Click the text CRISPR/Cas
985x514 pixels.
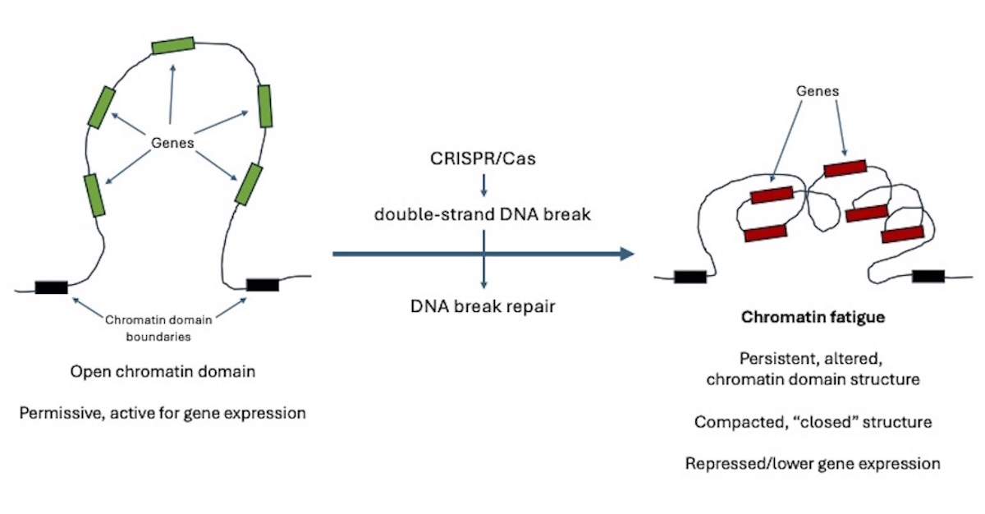pyautogui.click(x=483, y=158)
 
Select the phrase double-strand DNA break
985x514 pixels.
pyautogui.click(x=483, y=215)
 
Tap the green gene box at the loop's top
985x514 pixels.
pyautogui.click(x=172, y=45)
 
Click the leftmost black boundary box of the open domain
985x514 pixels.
pyautogui.click(x=51, y=287)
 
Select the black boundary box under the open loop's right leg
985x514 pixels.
pyautogui.click(x=263, y=285)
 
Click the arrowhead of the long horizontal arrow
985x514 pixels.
pyautogui.click(x=628, y=254)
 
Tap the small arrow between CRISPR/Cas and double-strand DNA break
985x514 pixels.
pyautogui.click(x=483, y=186)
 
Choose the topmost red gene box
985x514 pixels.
pyautogui.click(x=845, y=168)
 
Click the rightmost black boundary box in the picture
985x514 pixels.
pyautogui.click(x=928, y=276)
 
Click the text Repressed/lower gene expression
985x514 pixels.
pyautogui.click(x=813, y=463)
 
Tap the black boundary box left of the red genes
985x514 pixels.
pyautogui.click(x=689, y=277)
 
